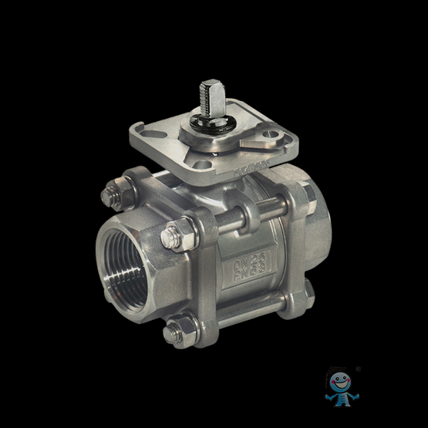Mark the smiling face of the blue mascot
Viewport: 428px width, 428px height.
pyautogui.click(x=338, y=380)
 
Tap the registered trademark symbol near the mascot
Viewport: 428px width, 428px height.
pyautogui.click(x=357, y=368)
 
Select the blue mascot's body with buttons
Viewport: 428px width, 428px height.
pyautogui.click(x=338, y=396)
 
